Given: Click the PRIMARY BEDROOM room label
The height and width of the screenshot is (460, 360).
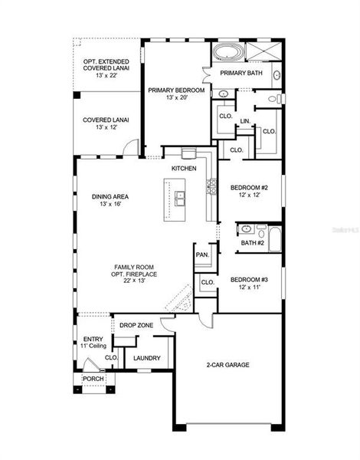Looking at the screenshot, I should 176,90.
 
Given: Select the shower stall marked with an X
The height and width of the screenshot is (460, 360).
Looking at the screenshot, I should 270,52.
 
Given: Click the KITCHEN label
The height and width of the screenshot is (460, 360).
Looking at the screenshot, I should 184,168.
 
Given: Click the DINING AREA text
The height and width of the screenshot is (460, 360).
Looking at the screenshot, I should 110,197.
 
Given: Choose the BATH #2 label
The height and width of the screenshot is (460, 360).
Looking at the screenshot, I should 251,243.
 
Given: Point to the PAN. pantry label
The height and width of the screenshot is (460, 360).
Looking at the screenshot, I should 202,255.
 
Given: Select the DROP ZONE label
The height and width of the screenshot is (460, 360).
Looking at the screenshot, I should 136,326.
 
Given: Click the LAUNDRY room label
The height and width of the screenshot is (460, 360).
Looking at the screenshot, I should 146,358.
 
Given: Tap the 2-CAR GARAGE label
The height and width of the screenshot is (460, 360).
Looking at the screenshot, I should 227,365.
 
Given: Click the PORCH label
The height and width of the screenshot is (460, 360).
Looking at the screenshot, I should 93,379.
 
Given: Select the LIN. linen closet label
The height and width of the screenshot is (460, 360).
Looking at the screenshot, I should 245,122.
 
